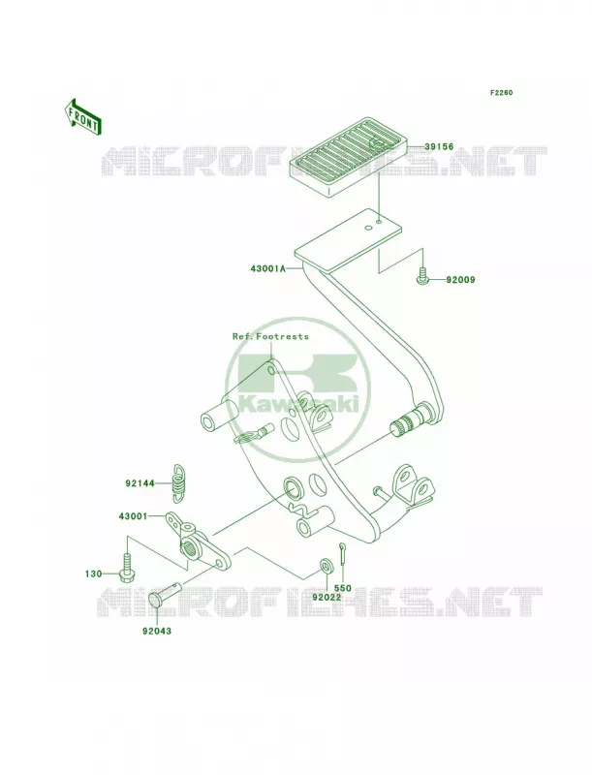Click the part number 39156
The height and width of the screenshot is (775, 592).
439,147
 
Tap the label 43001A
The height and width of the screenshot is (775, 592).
266,270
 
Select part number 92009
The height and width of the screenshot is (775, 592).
460,280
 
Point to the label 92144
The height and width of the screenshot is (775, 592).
140,483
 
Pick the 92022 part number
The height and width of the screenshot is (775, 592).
327,597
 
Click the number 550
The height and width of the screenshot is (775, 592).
342,588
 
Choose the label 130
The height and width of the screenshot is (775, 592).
93,573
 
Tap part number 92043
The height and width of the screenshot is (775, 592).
157,632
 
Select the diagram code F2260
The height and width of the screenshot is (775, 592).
501,92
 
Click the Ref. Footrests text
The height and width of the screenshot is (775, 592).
270,336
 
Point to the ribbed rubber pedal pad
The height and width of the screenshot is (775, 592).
349,154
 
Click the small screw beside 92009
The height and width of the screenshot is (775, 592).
423,276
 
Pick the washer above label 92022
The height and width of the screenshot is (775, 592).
326,565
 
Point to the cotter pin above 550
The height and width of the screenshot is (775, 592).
342,551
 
